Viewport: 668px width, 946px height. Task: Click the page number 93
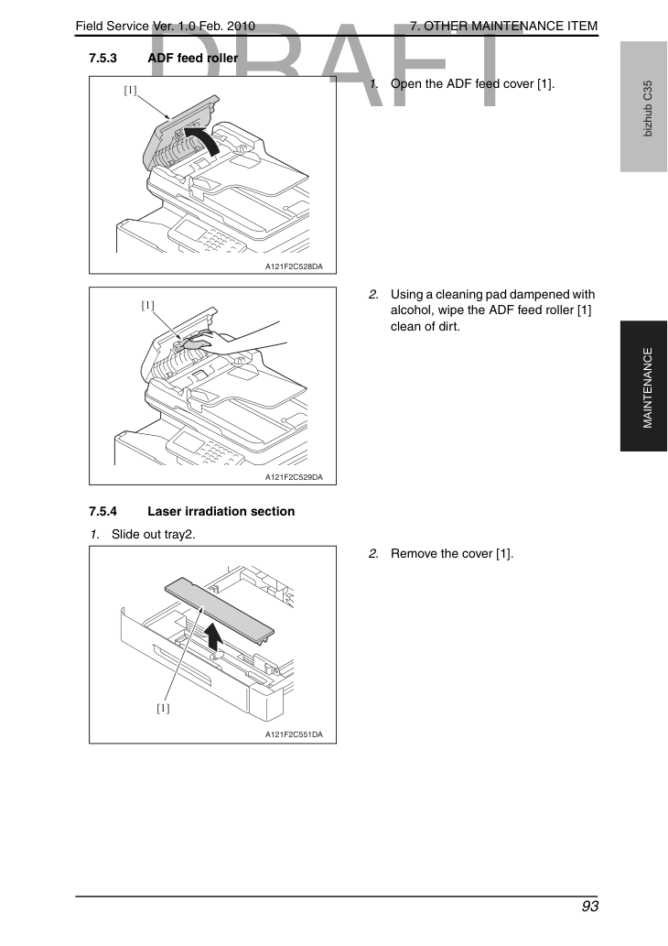point(589,907)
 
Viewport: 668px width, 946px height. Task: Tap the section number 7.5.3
point(102,59)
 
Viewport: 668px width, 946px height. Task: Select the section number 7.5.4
point(102,512)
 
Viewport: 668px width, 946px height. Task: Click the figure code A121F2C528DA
point(294,266)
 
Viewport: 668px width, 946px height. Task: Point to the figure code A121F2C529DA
point(294,477)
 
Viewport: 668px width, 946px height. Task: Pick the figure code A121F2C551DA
point(294,734)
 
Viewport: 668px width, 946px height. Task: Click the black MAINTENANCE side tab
point(644,386)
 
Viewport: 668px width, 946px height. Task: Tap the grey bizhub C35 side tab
point(644,107)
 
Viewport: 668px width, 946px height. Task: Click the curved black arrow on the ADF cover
point(205,136)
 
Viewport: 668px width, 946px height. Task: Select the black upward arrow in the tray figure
point(213,636)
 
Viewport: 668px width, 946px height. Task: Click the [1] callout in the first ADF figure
point(130,91)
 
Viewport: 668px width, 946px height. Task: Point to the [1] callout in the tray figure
point(163,708)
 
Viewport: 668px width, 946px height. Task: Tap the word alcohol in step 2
point(411,310)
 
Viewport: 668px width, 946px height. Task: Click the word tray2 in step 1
point(179,535)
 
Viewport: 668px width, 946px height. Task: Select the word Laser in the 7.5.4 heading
point(165,512)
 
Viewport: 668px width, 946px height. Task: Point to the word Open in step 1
point(404,84)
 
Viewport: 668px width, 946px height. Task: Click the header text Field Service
point(113,26)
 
